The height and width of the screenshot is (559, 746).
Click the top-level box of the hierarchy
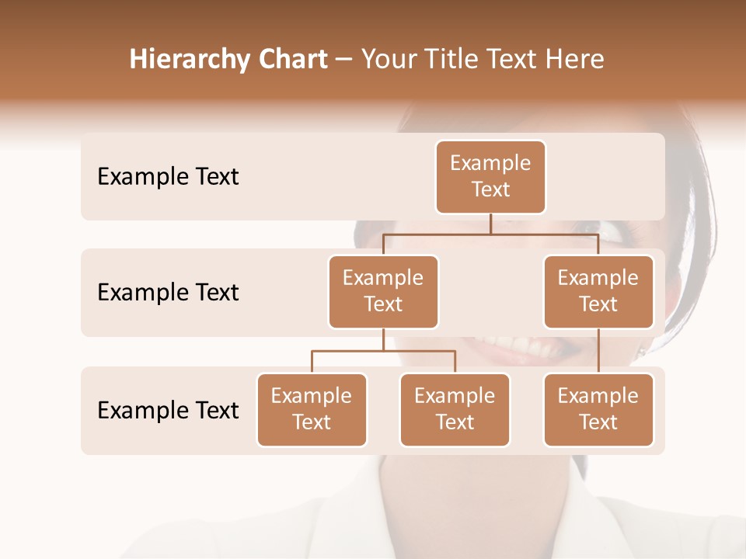click(x=490, y=176)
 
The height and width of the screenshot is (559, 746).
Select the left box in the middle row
click(x=383, y=291)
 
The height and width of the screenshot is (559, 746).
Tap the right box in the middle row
click(x=598, y=291)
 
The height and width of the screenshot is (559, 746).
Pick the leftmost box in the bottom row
click(x=312, y=409)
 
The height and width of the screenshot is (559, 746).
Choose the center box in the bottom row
click(x=455, y=409)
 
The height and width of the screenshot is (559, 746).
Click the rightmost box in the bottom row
click(x=598, y=409)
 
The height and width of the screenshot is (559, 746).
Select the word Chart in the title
click(x=289, y=59)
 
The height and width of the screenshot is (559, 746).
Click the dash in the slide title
click(x=343, y=60)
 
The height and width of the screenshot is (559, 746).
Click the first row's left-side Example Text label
click(x=168, y=176)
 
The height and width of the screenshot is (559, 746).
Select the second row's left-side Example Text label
click(x=168, y=292)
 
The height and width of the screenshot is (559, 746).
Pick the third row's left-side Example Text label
click(x=168, y=410)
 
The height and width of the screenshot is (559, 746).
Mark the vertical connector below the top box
click(x=490, y=224)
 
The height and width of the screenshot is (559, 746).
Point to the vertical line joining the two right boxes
click(x=598, y=351)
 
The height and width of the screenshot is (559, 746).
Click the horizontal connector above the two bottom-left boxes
click(x=383, y=351)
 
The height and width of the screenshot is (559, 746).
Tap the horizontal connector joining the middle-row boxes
click(x=490, y=234)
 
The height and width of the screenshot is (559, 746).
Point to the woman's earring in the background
click(x=642, y=351)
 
